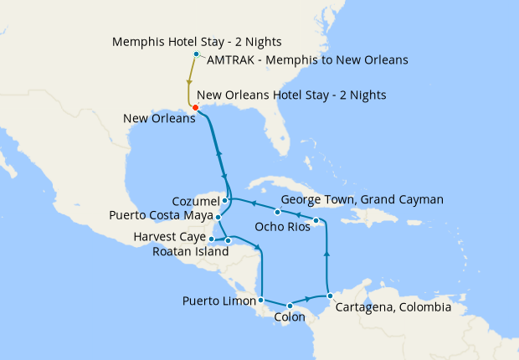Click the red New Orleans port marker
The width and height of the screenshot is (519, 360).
click(195, 107)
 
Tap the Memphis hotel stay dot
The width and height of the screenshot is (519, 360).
click(196, 54)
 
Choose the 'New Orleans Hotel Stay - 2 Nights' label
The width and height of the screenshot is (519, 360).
click(292, 95)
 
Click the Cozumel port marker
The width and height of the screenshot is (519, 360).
click(225, 201)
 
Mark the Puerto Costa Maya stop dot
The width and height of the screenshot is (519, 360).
click(218, 217)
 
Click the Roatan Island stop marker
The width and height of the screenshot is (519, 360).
click(228, 240)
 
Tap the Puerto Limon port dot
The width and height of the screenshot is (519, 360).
click(262, 300)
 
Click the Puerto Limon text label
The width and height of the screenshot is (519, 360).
click(218, 301)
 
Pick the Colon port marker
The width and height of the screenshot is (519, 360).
click(289, 306)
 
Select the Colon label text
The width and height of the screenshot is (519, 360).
click(290, 318)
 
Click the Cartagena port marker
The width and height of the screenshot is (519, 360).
click(331, 296)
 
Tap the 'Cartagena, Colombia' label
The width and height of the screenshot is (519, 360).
click(393, 307)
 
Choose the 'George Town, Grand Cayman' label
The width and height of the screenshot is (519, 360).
click(362, 199)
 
